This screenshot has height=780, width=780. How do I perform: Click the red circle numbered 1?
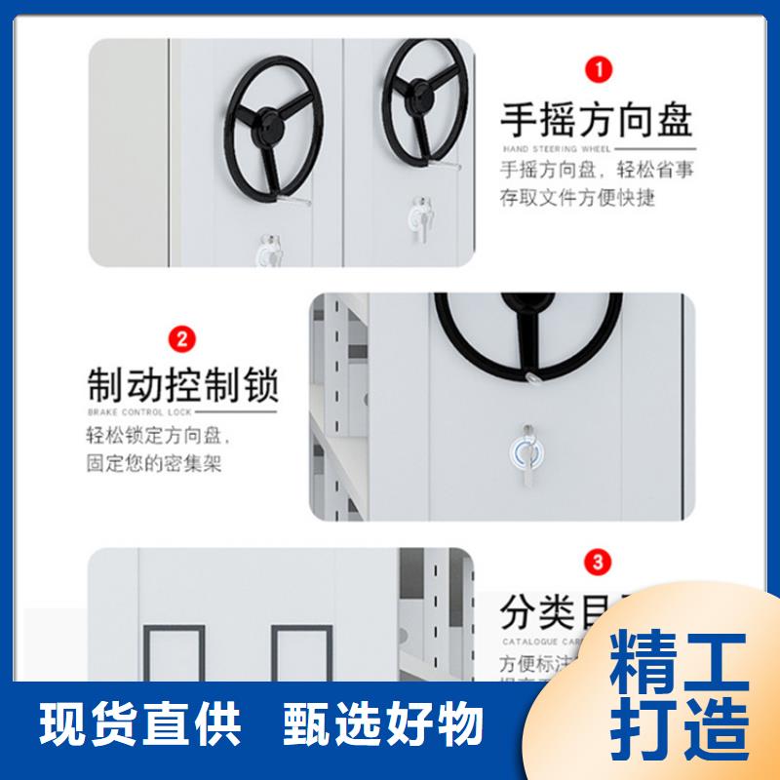click(x=597, y=70)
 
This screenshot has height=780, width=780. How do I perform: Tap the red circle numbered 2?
click(x=181, y=340)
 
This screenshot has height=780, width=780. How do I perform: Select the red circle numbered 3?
click(x=597, y=563)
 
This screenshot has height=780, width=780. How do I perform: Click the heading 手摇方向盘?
click(x=596, y=120)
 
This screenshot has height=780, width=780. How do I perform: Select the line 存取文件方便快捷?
click(x=577, y=198)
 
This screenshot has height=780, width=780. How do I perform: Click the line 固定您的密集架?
click(x=154, y=463)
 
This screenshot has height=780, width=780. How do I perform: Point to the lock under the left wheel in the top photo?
click(x=267, y=251)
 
